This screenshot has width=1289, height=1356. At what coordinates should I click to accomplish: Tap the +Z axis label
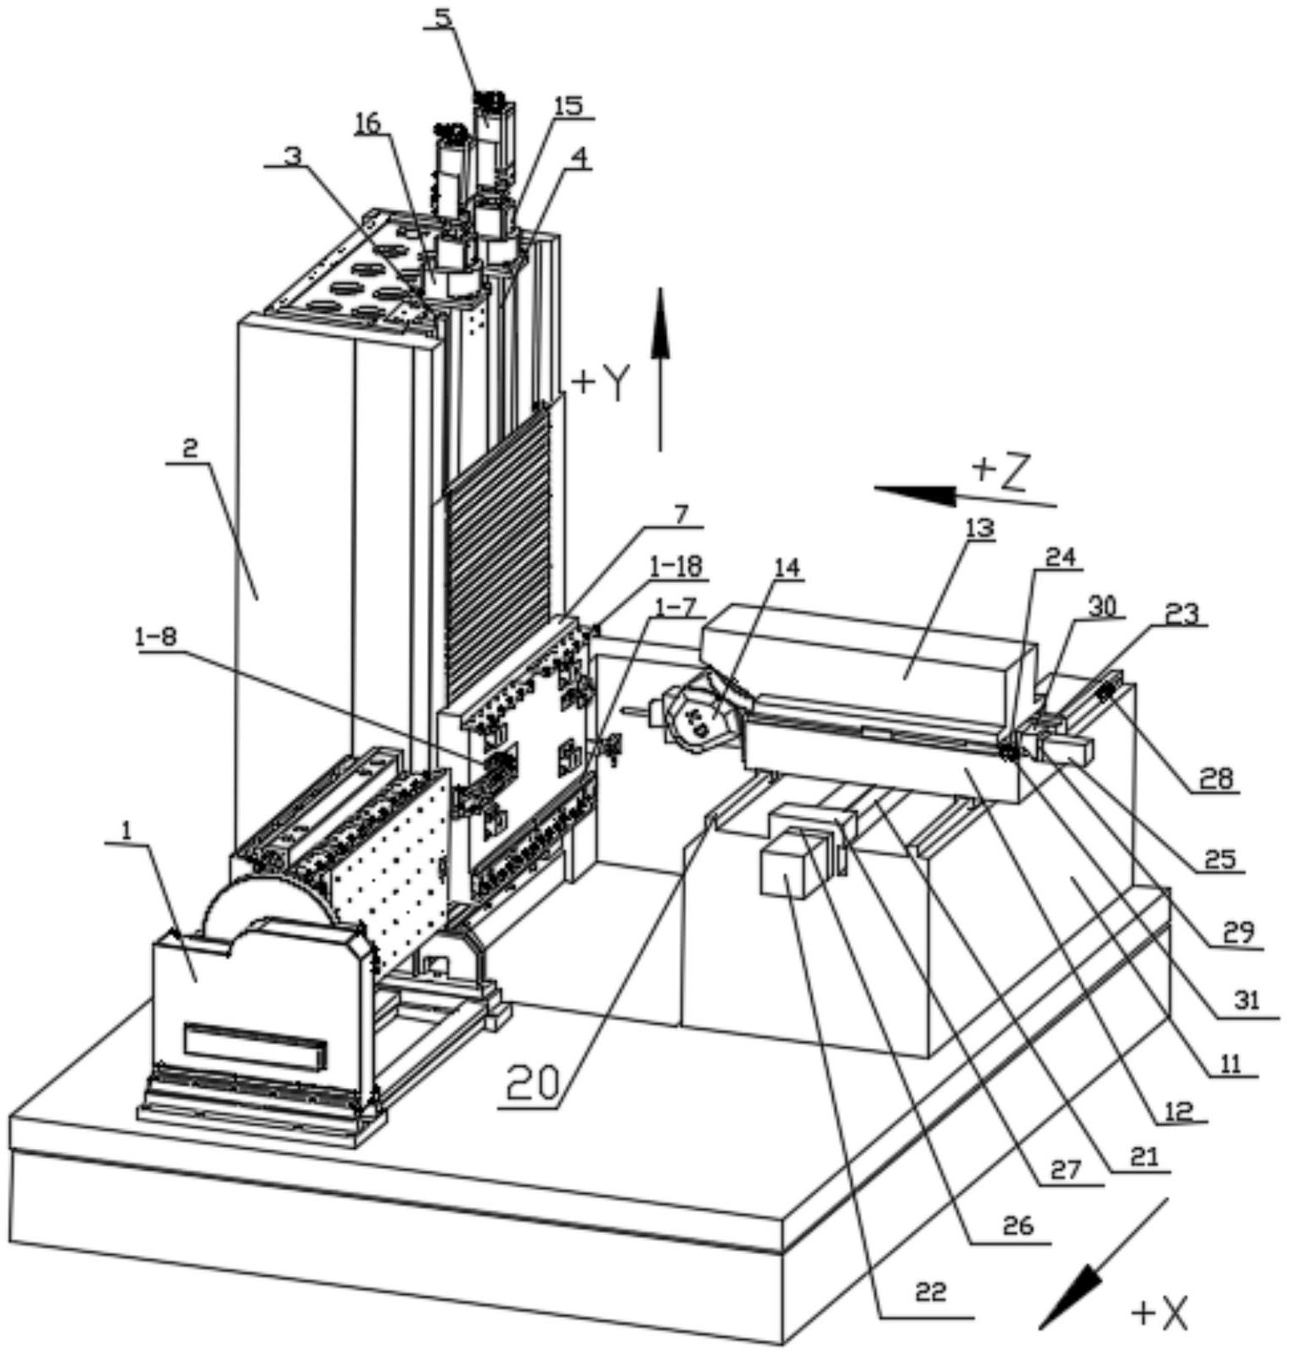coord(1000,472)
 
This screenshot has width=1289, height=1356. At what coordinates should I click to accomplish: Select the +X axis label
coord(1159,1314)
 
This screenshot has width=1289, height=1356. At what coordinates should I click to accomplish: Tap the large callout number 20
coord(534,1083)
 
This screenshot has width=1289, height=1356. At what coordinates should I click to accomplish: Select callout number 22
coord(930,1292)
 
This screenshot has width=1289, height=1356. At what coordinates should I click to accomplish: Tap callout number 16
coord(367,123)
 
